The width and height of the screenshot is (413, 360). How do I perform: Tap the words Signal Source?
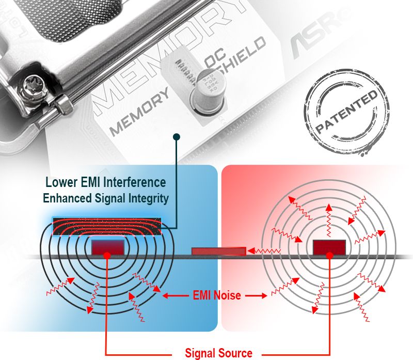tap(219, 353)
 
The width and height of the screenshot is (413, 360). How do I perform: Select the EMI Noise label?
tap(216, 296)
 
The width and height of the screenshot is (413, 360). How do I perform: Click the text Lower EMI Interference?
tap(106, 182)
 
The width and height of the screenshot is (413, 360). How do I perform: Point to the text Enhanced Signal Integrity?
tap(106, 198)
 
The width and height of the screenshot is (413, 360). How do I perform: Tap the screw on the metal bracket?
tap(32, 84)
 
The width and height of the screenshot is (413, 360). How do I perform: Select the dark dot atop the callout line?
tap(177, 137)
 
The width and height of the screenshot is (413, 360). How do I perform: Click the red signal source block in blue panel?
tap(107, 246)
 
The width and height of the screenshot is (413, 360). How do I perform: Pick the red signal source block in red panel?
tap(328, 247)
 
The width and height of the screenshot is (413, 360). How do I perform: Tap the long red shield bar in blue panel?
tap(107, 226)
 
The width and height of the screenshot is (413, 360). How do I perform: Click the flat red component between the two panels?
tap(218, 252)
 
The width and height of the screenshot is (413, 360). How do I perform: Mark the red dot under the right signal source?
tap(328, 256)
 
